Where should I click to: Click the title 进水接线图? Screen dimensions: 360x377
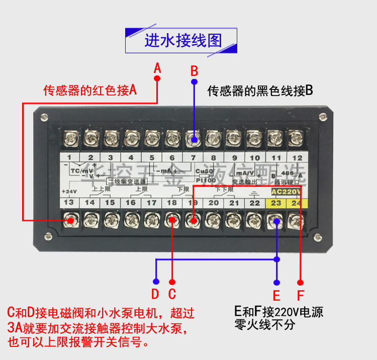[183, 40]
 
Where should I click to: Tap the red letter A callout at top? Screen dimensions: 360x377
[157, 67]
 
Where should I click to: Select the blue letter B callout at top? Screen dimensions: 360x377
[195, 70]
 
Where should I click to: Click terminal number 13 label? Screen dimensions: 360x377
[70, 203]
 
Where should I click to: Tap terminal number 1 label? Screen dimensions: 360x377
[70, 157]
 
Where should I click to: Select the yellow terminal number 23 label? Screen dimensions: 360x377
[276, 203]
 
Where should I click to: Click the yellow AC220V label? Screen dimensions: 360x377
[286, 192]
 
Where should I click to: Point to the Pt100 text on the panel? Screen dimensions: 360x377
[206, 179]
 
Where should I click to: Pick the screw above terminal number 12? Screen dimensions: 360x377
[297, 137]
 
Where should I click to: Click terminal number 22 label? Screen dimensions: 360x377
[255, 203]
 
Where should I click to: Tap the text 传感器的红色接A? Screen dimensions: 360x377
[90, 91]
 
